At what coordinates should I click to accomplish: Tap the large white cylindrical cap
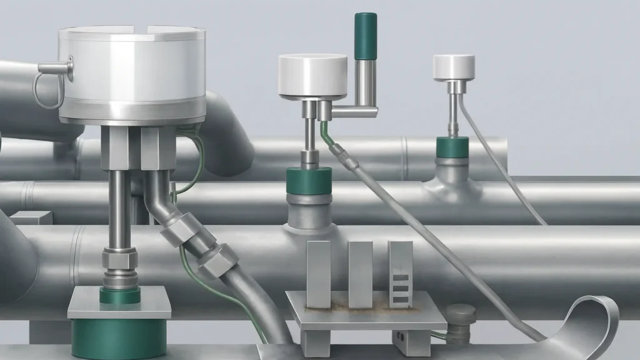(132, 72)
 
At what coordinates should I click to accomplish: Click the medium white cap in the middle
(312, 76)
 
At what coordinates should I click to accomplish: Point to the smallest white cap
(454, 67)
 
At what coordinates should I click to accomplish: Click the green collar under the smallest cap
(452, 147)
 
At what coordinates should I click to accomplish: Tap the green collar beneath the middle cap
(307, 181)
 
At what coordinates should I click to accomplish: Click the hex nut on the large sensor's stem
(120, 257)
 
